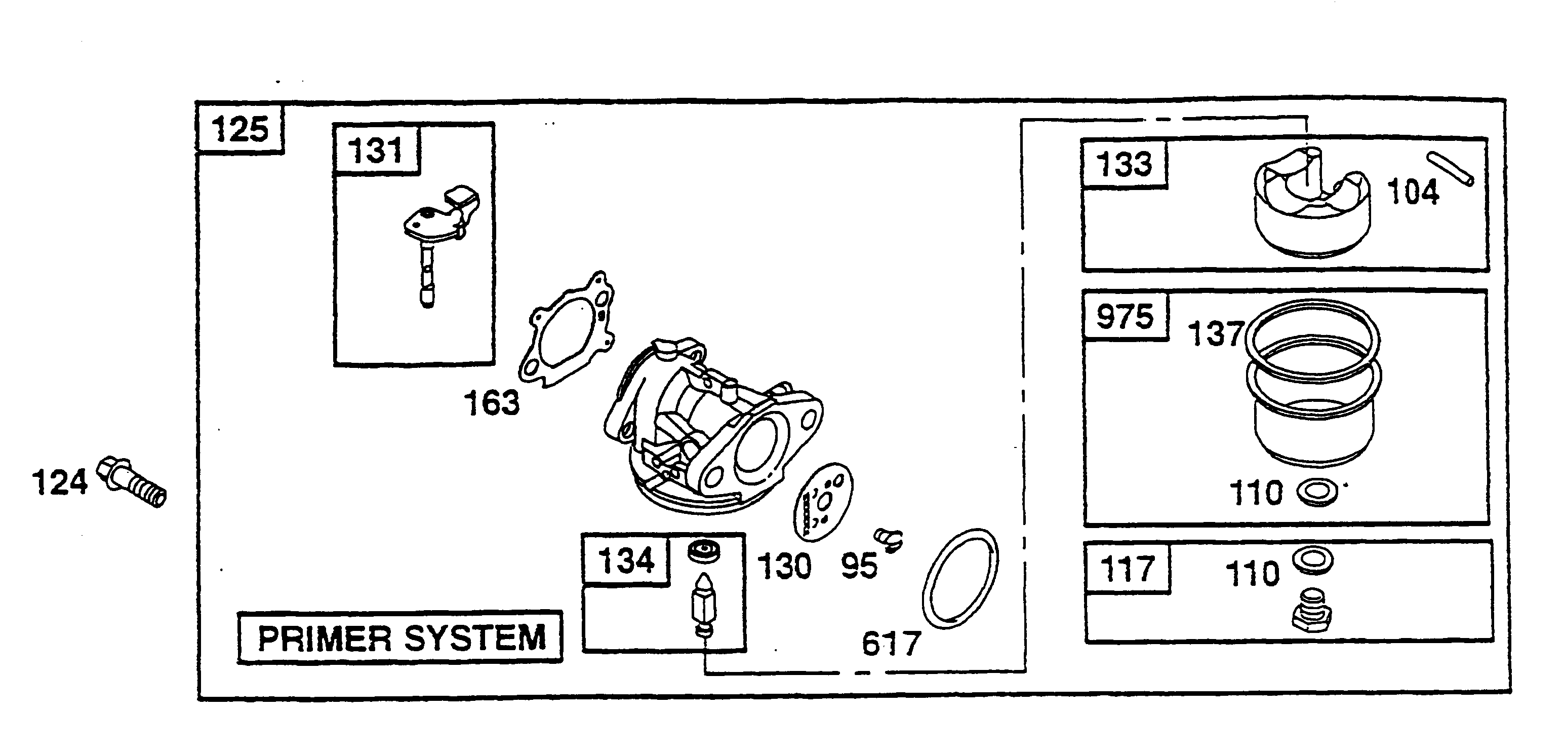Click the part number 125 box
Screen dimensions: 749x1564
pyautogui.click(x=240, y=129)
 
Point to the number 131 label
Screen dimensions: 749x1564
pyautogui.click(x=376, y=149)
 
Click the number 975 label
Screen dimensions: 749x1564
pyautogui.click(x=1125, y=317)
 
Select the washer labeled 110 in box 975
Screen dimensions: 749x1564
pyautogui.click(x=1317, y=492)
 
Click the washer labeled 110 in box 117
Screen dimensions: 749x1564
pyautogui.click(x=1313, y=560)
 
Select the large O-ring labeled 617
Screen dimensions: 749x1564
pyautogui.click(x=960, y=578)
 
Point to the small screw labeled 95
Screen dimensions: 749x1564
pyautogui.click(x=888, y=539)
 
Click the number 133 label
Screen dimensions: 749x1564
pyautogui.click(x=1124, y=164)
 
